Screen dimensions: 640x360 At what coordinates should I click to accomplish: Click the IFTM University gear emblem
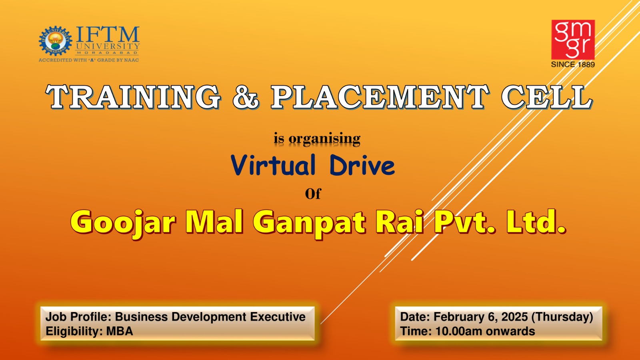pos(56,41)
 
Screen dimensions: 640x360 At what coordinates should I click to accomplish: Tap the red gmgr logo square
pos(573,40)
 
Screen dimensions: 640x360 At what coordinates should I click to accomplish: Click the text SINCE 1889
pos(573,64)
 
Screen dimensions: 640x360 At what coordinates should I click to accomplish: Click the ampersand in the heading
pos(246,97)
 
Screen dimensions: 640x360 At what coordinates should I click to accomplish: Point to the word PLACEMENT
pos(380,97)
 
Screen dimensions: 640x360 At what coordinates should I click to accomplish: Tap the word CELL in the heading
pos(547,97)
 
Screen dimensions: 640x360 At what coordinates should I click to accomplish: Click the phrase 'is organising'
pos(317,139)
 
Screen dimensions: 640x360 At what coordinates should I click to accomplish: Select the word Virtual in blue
pos(273,165)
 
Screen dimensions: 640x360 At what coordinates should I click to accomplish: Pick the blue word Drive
pos(362,165)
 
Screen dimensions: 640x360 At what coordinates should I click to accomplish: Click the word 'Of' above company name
pos(313,194)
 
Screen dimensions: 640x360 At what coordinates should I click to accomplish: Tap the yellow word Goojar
pos(122,223)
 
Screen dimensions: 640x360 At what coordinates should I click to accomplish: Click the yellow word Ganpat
pos(309,223)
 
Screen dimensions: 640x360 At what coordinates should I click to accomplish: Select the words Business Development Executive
pos(210,317)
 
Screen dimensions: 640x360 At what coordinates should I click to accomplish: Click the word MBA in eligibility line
pos(120,332)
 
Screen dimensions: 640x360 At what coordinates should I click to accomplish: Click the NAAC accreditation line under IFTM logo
pos(89,60)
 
